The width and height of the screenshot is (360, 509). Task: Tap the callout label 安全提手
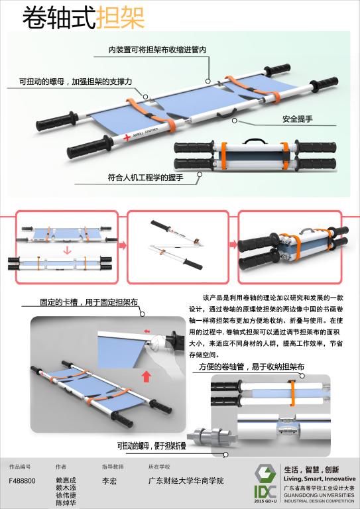coord(298,119)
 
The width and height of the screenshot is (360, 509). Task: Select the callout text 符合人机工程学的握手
coord(145,178)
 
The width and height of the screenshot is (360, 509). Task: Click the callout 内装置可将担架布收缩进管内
coord(158,50)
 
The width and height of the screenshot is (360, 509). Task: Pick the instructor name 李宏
coord(110,481)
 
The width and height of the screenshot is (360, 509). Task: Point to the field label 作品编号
coord(19,467)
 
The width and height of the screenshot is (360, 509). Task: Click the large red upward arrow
coord(147,378)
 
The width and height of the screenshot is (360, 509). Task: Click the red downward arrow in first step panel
coord(66,251)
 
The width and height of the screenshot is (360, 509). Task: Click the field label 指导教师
coord(113,467)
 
